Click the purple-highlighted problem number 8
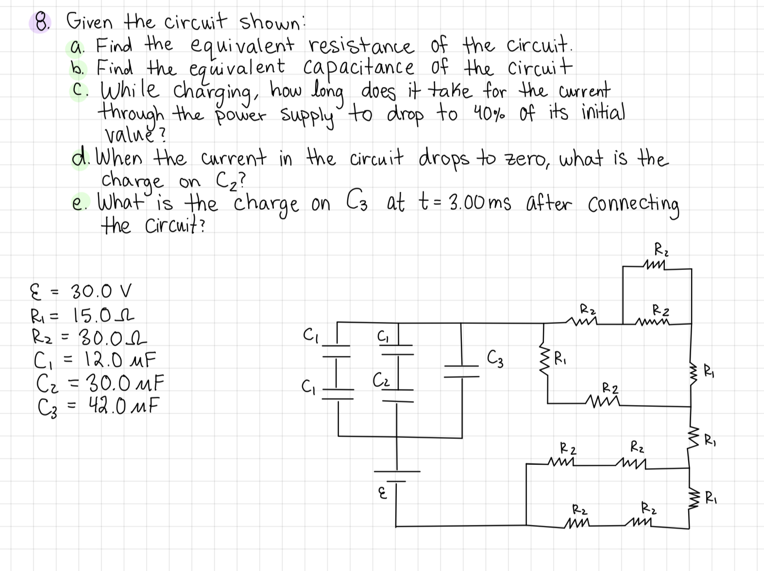[x=42, y=22]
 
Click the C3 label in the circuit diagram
[x=495, y=360]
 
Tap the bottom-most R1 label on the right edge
[x=710, y=497]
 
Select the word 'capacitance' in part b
[x=359, y=67]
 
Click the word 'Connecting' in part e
[x=633, y=204]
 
